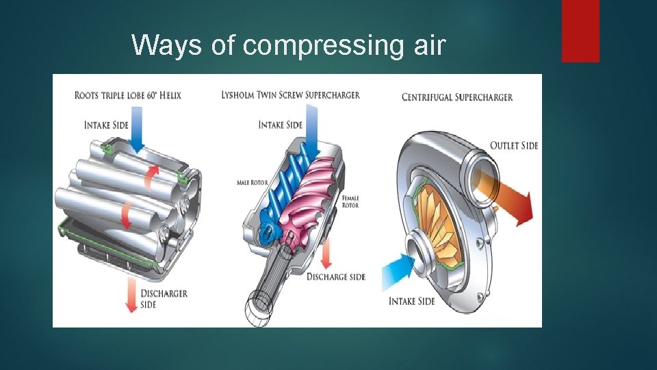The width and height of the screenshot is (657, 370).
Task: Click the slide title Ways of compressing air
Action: pos(288,45)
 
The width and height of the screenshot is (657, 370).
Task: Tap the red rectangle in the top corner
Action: pos(580,31)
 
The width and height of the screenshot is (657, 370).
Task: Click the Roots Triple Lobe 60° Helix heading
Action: pos(128,95)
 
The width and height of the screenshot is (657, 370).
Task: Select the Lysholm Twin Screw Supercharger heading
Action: pos(290,95)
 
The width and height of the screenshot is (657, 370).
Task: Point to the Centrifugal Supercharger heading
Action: pos(457,97)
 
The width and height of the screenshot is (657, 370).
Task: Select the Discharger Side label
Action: pos(164,299)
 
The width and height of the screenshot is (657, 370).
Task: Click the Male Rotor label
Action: pos(252,183)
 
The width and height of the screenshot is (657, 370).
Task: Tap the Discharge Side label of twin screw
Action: pos(335,277)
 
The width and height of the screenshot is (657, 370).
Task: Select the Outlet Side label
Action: pos(514,145)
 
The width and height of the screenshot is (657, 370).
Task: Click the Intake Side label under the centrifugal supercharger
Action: pos(411,301)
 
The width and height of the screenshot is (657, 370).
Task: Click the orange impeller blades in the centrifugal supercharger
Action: pos(438,219)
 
